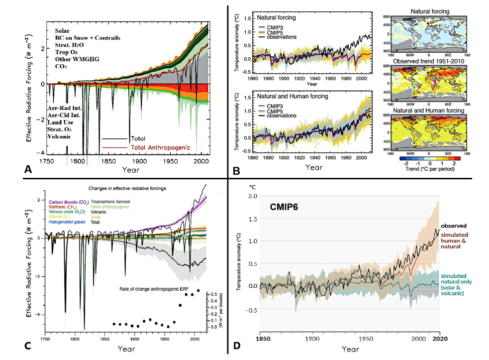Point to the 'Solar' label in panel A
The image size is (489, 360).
[x=64, y=31]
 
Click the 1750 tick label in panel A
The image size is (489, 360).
[x=47, y=162]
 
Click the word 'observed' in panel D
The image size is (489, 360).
[x=456, y=226]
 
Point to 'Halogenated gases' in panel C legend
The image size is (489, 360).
[x=64, y=222]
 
